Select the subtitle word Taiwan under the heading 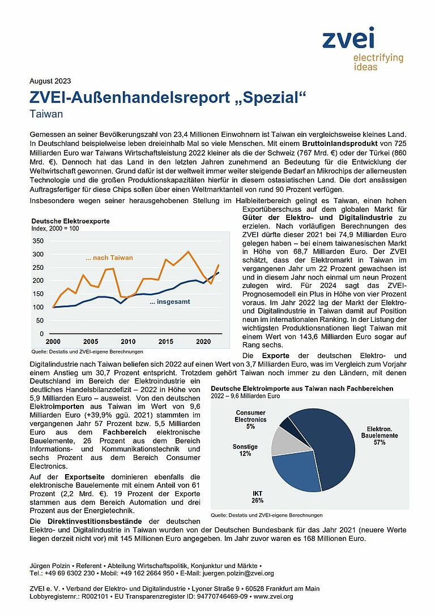click(x=46, y=113)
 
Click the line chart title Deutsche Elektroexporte click(x=70, y=221)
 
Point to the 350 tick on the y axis click(x=38, y=240)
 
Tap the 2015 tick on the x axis click(x=166, y=342)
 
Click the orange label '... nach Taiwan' click(x=109, y=258)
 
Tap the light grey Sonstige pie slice click(x=283, y=441)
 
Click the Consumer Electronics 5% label click(x=250, y=419)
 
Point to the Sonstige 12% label click(x=245, y=450)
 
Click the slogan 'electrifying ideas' click(x=378, y=62)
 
